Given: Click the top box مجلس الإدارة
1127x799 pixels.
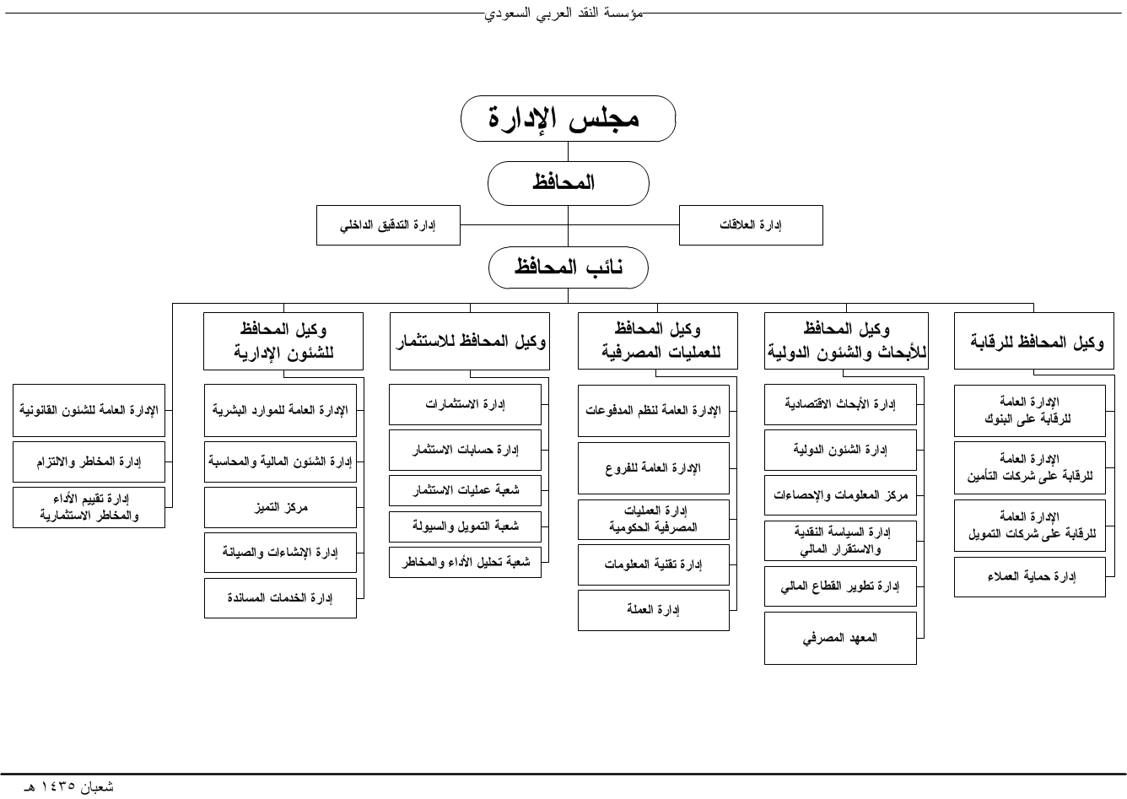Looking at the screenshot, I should pyautogui.click(x=568, y=118).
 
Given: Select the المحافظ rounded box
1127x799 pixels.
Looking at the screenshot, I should pyautogui.click(x=568, y=182).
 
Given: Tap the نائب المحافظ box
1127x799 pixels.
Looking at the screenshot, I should pyautogui.click(x=568, y=268).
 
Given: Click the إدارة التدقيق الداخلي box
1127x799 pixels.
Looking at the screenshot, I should pyautogui.click(x=388, y=225).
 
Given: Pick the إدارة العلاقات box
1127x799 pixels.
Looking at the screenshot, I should pyautogui.click(x=751, y=225).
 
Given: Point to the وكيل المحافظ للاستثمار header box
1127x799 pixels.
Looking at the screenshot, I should pyautogui.click(x=470, y=342).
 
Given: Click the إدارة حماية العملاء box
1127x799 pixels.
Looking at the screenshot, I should pyautogui.click(x=1029, y=577).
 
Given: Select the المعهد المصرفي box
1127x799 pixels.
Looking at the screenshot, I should pyautogui.click(x=840, y=638).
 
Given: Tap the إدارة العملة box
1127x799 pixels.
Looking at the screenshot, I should pyautogui.click(x=653, y=610).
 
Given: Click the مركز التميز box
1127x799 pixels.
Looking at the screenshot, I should pyautogui.click(x=280, y=508).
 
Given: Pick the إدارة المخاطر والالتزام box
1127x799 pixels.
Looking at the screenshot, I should pyautogui.click(x=89, y=462).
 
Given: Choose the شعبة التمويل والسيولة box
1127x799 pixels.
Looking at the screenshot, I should pyautogui.click(x=465, y=526).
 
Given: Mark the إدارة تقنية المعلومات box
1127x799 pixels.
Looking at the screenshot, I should pyautogui.click(x=653, y=564).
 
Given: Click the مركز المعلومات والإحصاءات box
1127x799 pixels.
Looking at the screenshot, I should pyautogui.click(x=840, y=496).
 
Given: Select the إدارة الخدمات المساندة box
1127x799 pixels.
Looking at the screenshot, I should pyautogui.click(x=280, y=598).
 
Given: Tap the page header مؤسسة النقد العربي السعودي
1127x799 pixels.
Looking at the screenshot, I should pyautogui.click(x=563, y=13).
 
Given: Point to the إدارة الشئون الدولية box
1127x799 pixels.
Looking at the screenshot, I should pyautogui.click(x=840, y=450).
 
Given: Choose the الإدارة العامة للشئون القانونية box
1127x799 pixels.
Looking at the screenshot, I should pyautogui.click(x=89, y=411).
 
